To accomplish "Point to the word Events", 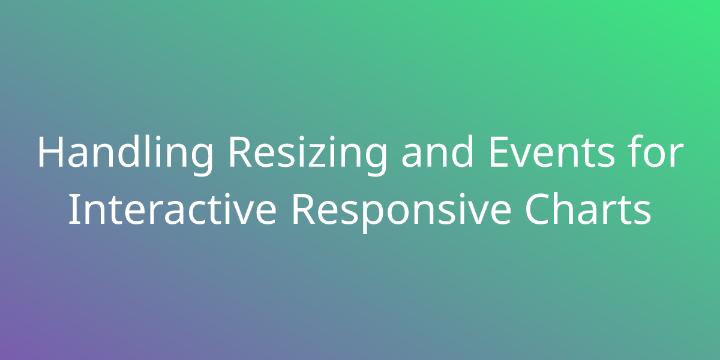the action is [x=551, y=152].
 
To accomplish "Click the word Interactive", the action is [x=172, y=209].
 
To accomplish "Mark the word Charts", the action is [x=588, y=209].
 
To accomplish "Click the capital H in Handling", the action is [x=51, y=152].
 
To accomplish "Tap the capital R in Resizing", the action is [x=240, y=152].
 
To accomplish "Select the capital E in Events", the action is [x=499, y=152].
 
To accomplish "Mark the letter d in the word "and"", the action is [x=463, y=151].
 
